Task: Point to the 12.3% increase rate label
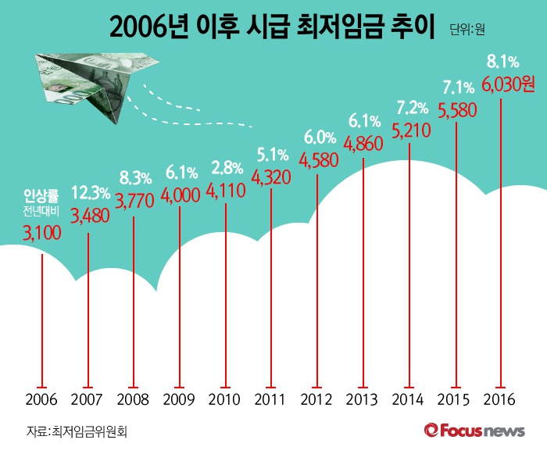90,193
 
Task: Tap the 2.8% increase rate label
227,168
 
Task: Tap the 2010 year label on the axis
226,401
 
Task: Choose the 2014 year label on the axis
409,401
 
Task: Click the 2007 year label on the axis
88,401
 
